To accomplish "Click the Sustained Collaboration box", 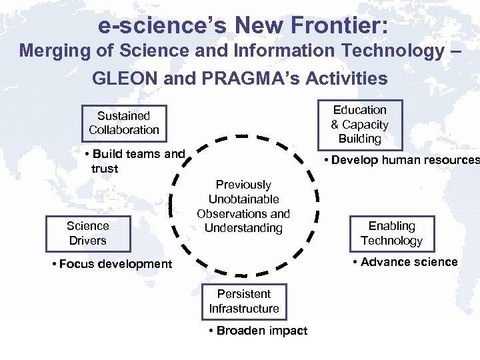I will click(x=124, y=123).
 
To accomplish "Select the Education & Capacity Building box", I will click(x=359, y=125).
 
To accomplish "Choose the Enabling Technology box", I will click(x=391, y=234).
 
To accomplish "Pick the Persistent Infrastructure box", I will click(x=243, y=301).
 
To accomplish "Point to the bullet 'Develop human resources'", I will click(x=401, y=160).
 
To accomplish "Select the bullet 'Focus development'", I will click(x=111, y=264).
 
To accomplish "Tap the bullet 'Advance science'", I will click(x=405, y=262).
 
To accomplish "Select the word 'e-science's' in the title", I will click(x=163, y=26).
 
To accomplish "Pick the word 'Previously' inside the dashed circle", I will click(x=243, y=185).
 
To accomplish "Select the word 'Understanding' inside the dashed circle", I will click(x=243, y=229).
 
